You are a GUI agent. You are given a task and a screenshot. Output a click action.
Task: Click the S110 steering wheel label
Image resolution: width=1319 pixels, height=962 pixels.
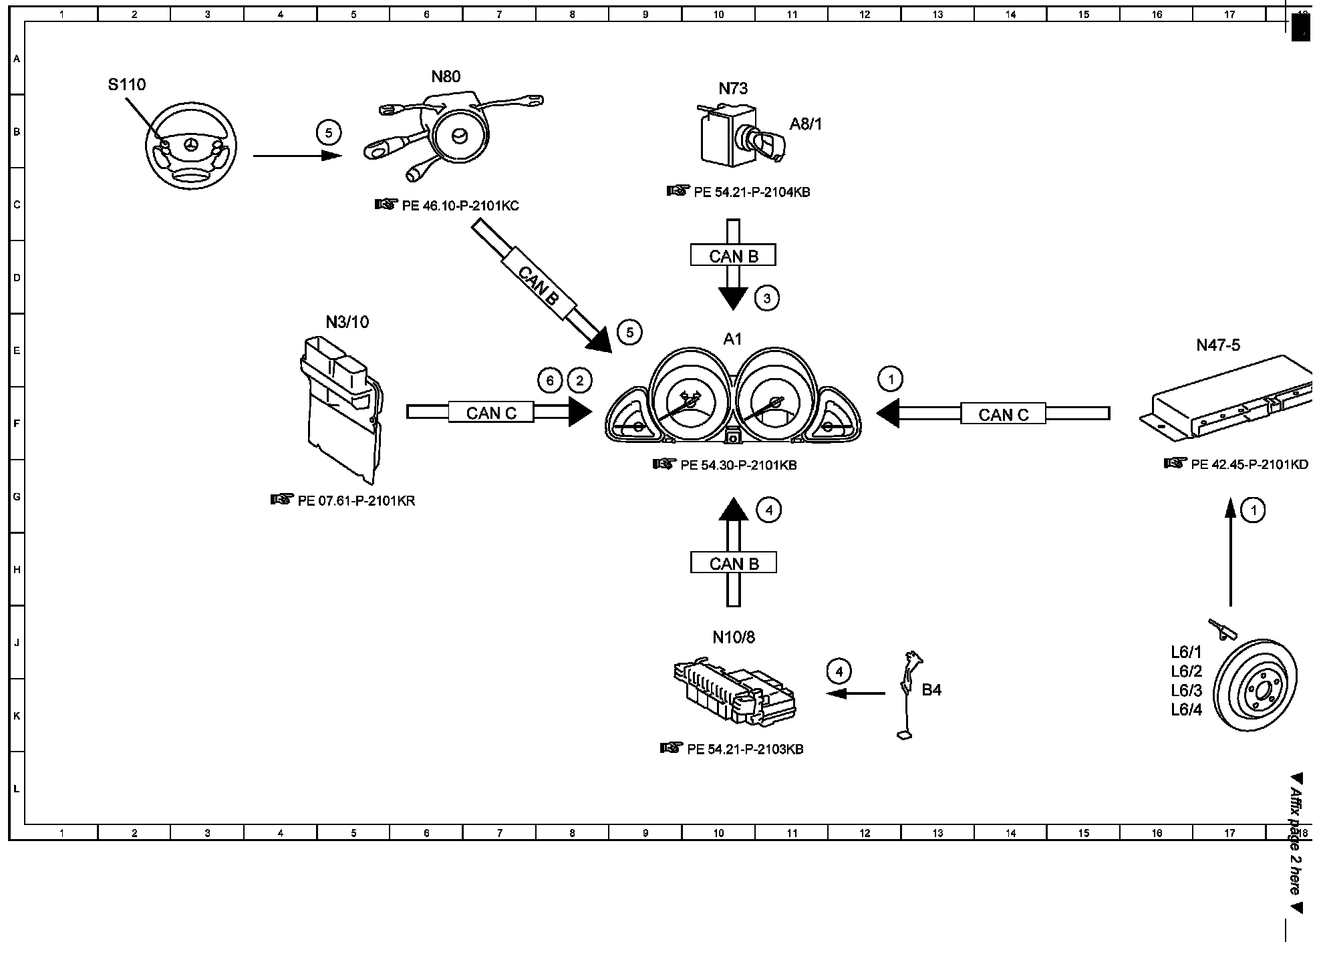pos(127,85)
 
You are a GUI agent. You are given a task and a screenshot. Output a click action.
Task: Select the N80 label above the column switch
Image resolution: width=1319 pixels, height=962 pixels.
pos(446,77)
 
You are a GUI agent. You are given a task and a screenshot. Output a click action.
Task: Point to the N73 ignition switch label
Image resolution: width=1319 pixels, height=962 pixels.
pos(733,89)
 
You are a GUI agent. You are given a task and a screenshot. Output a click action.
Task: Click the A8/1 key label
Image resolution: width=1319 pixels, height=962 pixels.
pos(806,124)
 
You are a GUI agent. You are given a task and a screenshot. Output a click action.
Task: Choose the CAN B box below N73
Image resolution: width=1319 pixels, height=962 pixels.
pos(733,256)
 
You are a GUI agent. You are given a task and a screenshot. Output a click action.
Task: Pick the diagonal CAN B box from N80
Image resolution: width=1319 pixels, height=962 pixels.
pos(538,286)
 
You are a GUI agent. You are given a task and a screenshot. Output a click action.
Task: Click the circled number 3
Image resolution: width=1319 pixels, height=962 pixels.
pos(766,299)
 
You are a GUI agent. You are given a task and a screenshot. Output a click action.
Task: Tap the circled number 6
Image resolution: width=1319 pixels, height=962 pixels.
pos(550,381)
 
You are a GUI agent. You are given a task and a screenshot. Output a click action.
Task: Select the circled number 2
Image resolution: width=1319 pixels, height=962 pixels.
pos(579,381)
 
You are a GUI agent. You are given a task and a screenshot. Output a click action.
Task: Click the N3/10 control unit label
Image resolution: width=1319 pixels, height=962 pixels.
pos(347,323)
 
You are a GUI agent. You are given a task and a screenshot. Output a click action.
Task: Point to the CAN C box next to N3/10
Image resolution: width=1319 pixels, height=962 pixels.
pos(491,413)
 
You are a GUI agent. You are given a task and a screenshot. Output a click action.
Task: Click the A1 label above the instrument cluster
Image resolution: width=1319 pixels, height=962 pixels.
pos(732,339)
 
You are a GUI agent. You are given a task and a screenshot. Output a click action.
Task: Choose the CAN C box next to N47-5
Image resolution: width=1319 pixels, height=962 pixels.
pos(1003,415)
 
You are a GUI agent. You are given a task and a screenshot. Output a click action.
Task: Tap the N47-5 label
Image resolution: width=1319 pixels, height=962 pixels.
pos(1218,345)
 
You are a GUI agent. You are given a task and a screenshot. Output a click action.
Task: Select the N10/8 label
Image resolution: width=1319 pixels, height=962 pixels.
pos(733,638)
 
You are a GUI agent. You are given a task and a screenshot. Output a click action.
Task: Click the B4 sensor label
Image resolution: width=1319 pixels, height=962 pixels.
pos(931,691)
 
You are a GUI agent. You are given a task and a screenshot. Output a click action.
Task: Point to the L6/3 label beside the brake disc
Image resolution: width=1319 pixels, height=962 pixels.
pos(1186,691)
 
